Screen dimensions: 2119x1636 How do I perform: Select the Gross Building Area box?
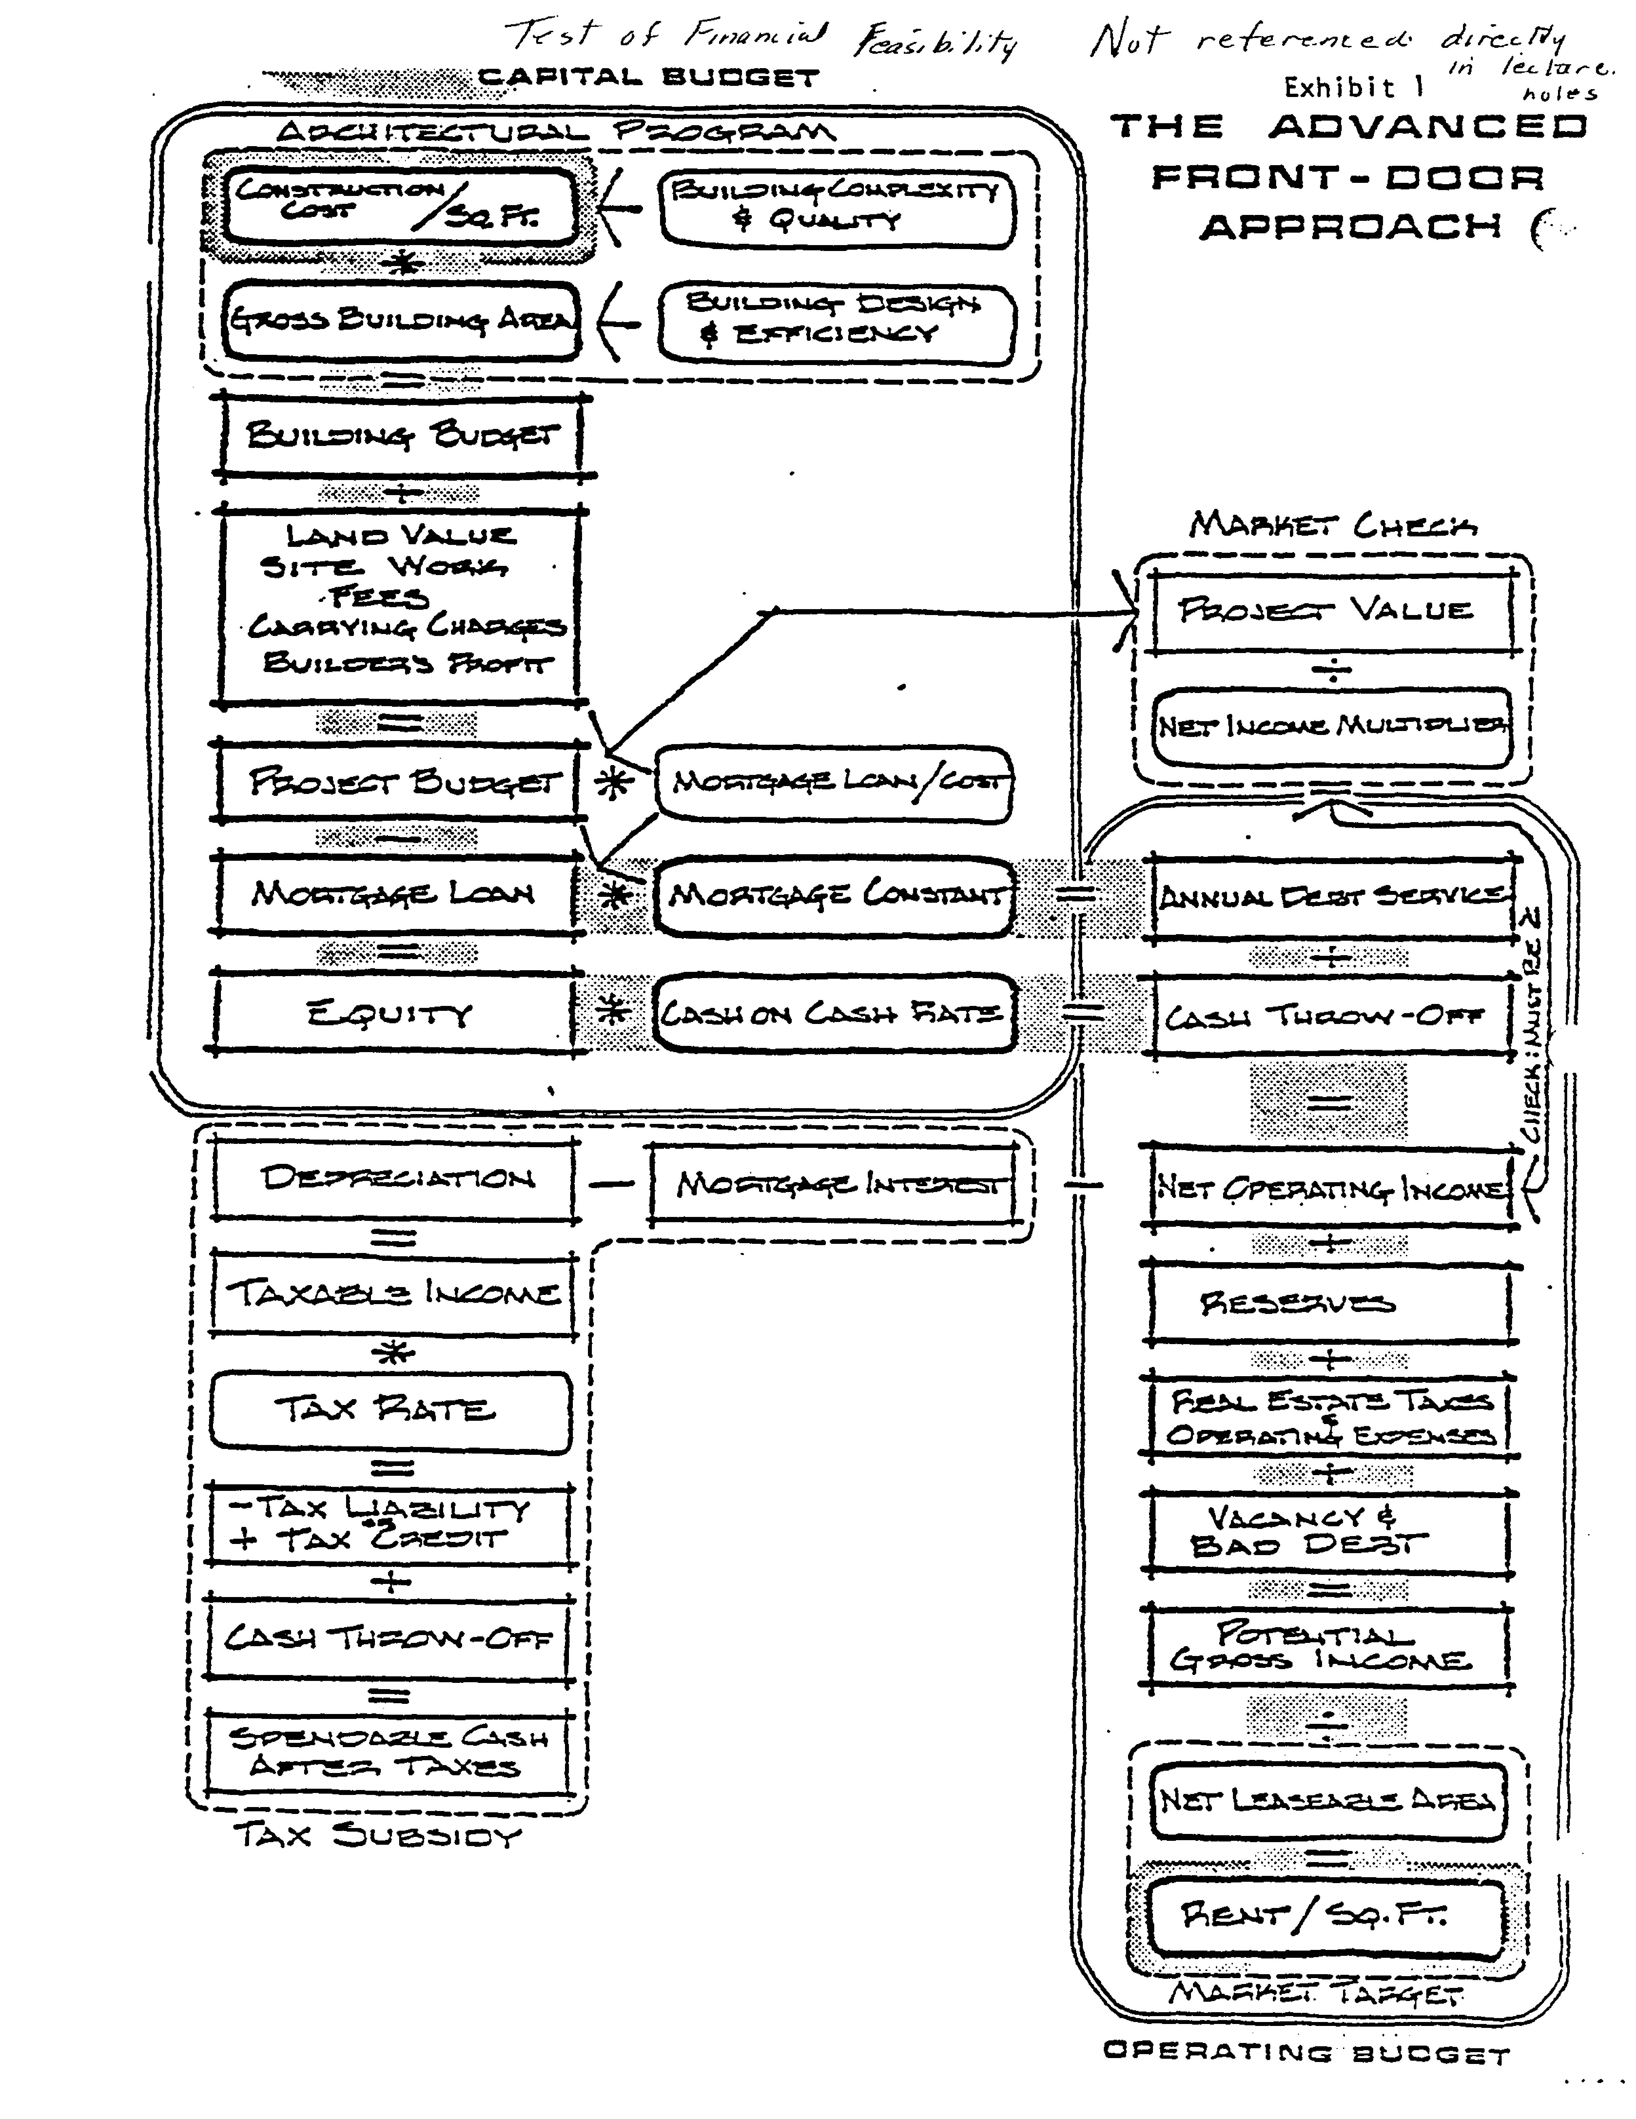click(x=400, y=320)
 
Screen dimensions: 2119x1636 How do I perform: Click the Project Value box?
click(x=1329, y=611)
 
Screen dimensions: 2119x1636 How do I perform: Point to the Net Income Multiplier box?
click(x=1331, y=726)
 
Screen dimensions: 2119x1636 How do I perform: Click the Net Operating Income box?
click(x=1331, y=1188)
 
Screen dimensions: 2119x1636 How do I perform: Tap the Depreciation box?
click(x=396, y=1179)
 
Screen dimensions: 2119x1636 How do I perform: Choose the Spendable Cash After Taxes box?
click(x=388, y=1751)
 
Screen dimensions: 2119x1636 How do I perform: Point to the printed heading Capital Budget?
click(x=648, y=78)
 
